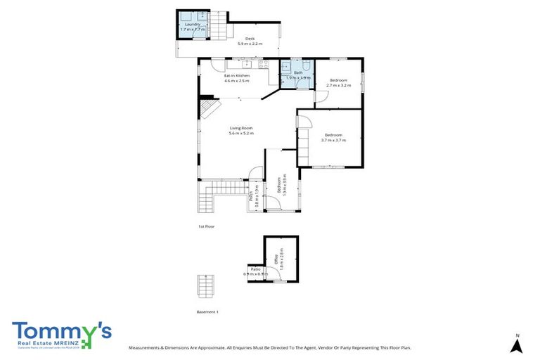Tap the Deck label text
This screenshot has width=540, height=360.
(248, 39)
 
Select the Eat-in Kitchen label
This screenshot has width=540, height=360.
(237, 75)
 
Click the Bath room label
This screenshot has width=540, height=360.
(297, 72)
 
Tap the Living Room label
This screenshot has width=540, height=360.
(241, 128)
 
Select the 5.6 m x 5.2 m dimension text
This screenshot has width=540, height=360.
(241, 134)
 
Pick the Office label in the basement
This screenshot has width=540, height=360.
(276, 259)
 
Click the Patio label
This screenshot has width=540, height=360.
(256, 269)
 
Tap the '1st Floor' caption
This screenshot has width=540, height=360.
(206, 226)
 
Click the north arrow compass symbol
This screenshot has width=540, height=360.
(516, 345)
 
